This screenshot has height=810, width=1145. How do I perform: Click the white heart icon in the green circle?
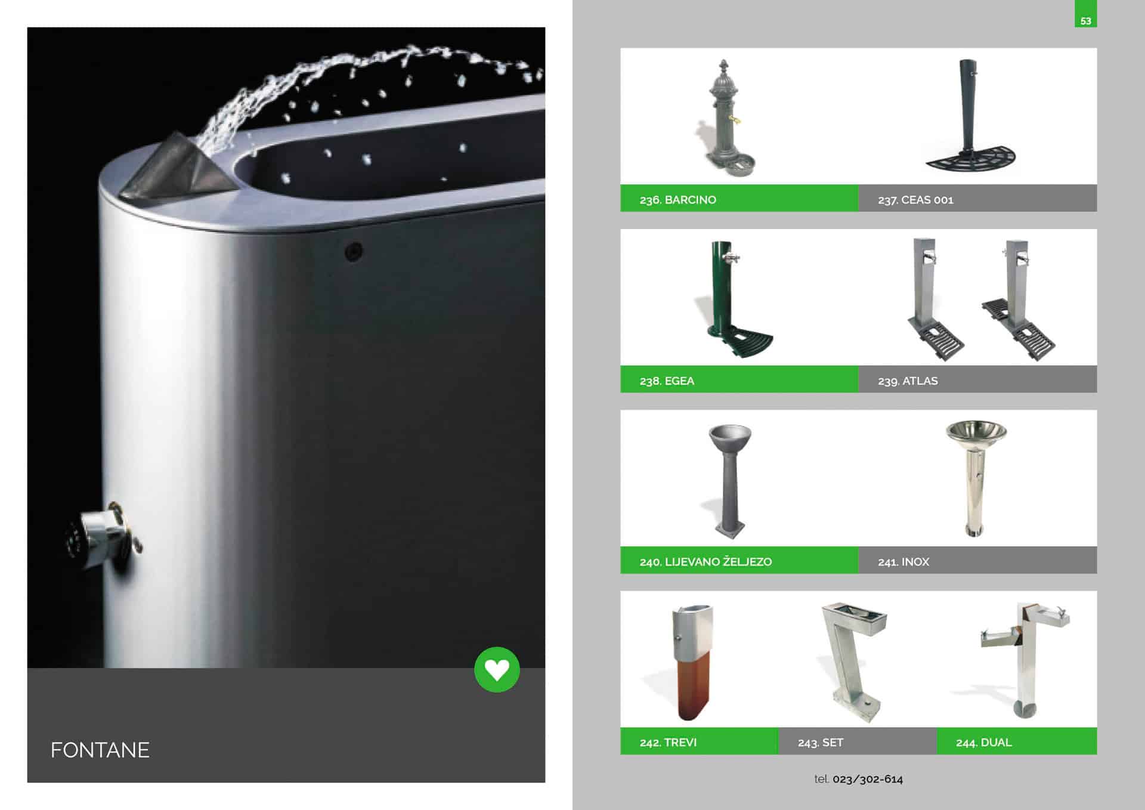click(x=497, y=670)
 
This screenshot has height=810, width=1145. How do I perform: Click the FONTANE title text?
click(x=100, y=750)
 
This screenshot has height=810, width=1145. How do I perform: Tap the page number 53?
click(x=1085, y=21)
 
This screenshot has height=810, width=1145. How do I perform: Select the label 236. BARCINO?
click(x=677, y=200)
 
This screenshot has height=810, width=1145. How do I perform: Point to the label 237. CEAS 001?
click(x=915, y=200)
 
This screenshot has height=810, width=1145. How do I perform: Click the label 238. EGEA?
click(x=667, y=381)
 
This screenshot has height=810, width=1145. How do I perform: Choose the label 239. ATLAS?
click(x=908, y=381)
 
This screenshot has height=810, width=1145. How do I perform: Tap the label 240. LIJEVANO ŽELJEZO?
click(x=705, y=561)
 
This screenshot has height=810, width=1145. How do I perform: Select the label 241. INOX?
click(x=903, y=562)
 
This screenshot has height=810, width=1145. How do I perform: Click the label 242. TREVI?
click(x=668, y=743)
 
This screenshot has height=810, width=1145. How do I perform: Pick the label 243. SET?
click(x=820, y=743)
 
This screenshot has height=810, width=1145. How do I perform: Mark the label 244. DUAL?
click(x=983, y=743)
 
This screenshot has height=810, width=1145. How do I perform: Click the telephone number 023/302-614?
click(x=868, y=779)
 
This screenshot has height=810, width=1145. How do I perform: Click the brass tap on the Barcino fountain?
click(x=737, y=120)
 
